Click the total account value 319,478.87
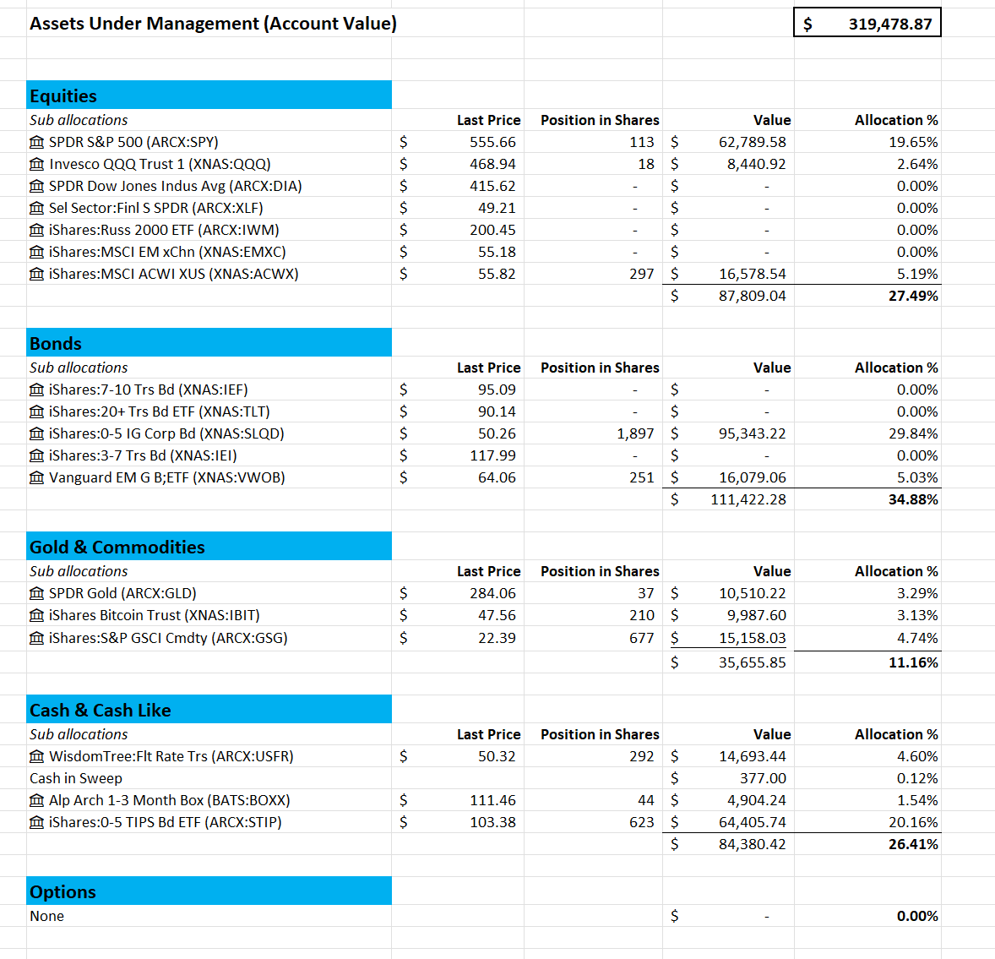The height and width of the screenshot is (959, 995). point(889,24)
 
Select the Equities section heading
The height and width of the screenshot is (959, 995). point(63,95)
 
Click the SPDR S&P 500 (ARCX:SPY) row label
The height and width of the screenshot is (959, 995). point(133,142)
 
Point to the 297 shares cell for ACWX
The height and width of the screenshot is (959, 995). point(641,274)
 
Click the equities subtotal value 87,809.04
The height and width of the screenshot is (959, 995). point(752,296)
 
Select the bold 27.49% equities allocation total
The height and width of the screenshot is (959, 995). point(913,296)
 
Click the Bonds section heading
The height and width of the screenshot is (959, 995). point(56,343)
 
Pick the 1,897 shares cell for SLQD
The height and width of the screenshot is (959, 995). point(635,433)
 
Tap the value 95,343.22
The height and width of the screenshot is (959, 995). point(752,433)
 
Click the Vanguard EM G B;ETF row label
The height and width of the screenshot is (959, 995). point(166,477)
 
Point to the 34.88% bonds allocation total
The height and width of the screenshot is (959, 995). point(913,499)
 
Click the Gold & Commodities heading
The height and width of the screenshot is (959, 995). point(117,547)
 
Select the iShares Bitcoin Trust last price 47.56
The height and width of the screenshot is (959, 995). point(497,615)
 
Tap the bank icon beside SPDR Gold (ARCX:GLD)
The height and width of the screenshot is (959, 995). point(36,593)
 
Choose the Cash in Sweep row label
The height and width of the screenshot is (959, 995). point(76,778)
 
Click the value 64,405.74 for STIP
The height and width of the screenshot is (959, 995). point(752,822)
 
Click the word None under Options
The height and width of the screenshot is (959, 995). point(46,916)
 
